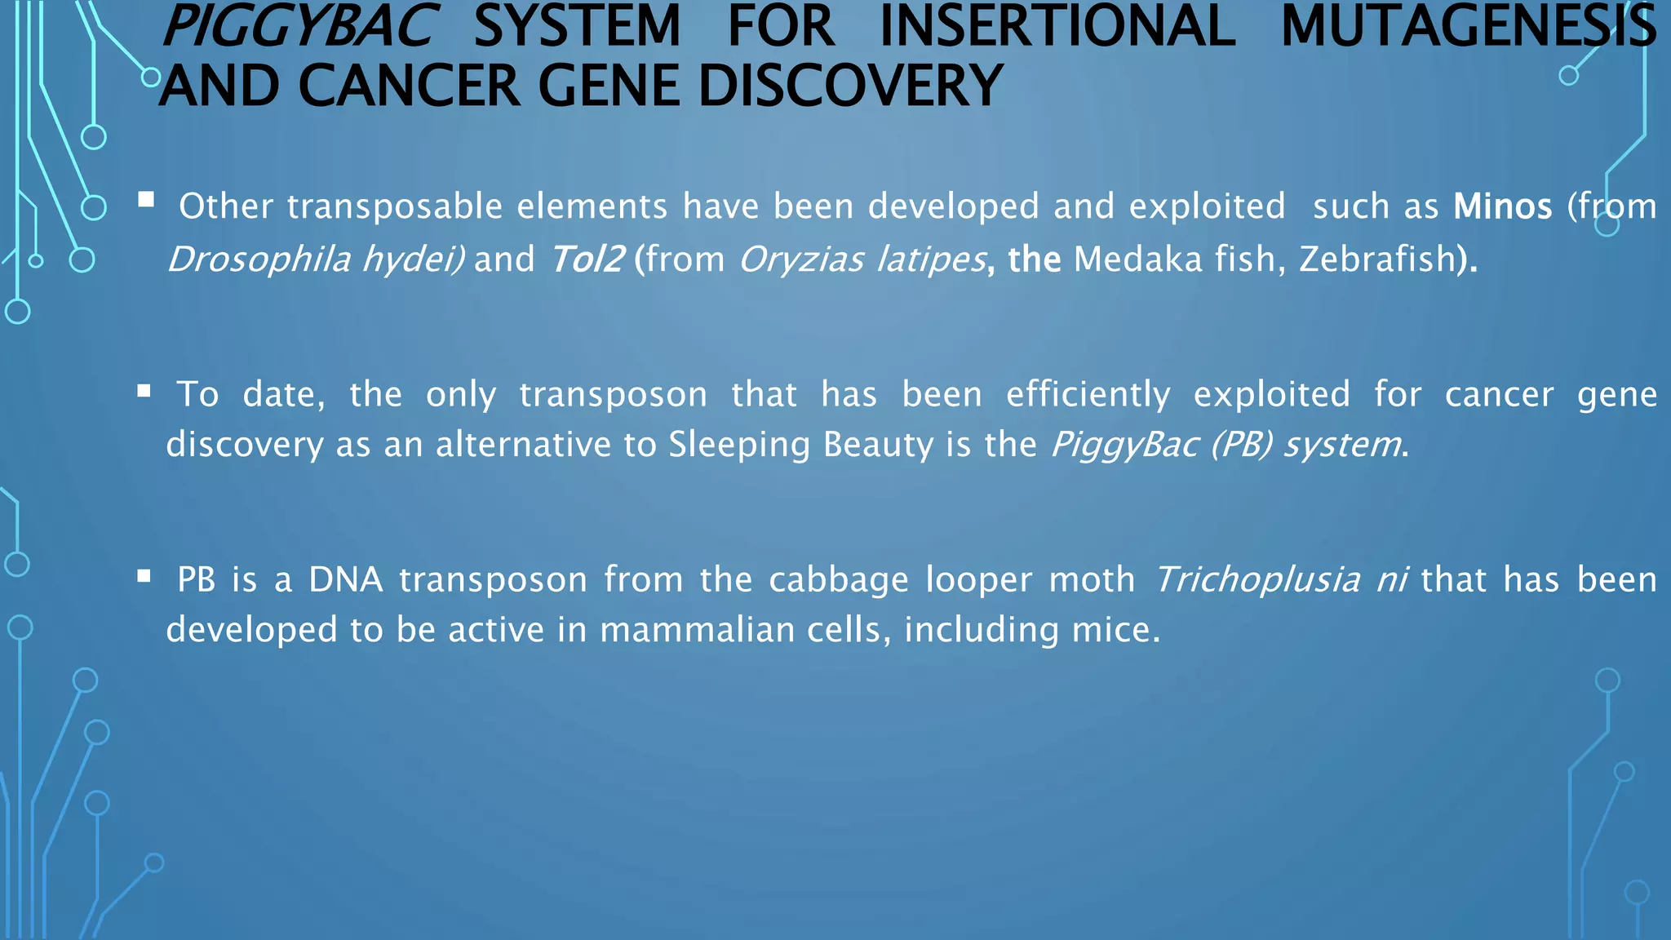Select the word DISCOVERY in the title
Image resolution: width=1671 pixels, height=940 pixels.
(850, 86)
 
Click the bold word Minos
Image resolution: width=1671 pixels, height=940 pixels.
(1502, 206)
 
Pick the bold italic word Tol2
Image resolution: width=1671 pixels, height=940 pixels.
(587, 259)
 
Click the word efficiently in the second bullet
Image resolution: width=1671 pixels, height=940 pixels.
(1088, 395)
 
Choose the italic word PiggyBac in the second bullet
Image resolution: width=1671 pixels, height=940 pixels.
(1124, 446)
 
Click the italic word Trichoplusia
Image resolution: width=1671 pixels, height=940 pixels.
(1257, 580)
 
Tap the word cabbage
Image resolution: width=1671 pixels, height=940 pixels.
(838, 581)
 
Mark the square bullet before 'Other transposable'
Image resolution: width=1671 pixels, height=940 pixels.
(146, 200)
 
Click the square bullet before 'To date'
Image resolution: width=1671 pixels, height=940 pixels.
(144, 391)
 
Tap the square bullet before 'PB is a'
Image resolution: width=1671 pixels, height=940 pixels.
(144, 577)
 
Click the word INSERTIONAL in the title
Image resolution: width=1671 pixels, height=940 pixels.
(1057, 26)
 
